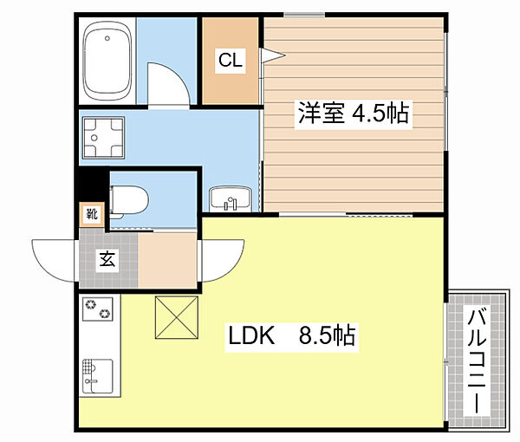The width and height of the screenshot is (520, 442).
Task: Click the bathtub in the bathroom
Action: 107,61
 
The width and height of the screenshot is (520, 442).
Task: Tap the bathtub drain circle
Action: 107,38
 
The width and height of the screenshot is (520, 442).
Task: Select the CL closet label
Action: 231,61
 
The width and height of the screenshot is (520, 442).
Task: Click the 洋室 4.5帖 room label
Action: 354,114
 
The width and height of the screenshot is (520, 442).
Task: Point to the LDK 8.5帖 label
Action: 292,335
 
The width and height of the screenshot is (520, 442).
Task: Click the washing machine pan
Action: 103,138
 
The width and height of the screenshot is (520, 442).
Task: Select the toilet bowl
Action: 129,200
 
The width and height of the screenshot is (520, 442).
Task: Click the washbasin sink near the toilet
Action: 231,199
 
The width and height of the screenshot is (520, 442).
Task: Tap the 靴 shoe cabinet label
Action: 92,214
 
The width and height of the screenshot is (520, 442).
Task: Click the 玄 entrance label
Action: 107,259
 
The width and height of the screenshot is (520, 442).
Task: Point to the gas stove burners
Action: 98,309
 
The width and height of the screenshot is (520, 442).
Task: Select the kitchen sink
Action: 98,376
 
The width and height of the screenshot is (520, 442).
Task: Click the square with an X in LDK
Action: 177,317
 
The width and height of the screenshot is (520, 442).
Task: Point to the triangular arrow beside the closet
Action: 273,55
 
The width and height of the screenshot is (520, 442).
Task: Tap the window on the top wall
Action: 304,15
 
